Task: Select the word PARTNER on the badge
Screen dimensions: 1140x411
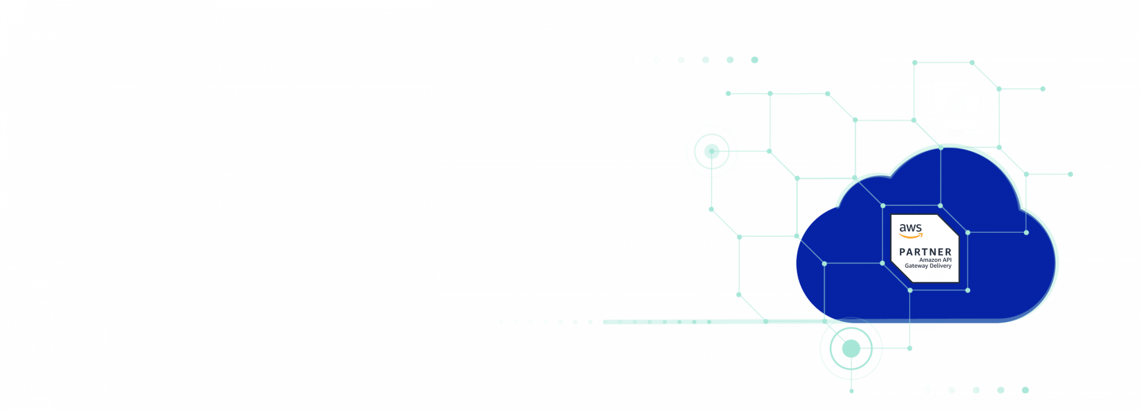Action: (925, 252)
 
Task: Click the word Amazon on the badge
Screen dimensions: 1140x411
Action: (930, 260)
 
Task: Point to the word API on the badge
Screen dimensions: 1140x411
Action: (947, 260)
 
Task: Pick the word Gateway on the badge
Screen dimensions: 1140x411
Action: (916, 266)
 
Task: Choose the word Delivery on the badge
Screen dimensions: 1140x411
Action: (940, 266)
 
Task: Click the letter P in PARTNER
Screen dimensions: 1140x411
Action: (902, 252)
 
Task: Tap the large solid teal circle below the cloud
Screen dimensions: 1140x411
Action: (851, 349)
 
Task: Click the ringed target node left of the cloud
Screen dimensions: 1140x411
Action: (712, 152)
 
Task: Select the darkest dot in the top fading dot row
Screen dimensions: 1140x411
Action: (754, 60)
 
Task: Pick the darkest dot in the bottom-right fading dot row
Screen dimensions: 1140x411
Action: (1025, 390)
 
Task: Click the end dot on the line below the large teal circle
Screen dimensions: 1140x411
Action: (851, 391)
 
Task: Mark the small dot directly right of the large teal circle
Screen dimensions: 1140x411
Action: (909, 348)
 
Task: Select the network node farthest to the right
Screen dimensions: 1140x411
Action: (1070, 174)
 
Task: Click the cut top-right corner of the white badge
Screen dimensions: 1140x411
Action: (948, 226)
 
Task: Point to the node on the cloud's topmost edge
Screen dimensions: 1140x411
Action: (940, 148)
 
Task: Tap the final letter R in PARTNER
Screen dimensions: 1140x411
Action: (948, 252)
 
